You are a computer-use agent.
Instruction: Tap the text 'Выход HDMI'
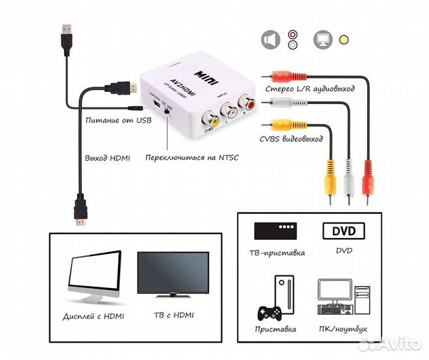click(107, 158)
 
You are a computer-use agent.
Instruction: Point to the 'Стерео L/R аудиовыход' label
click(310, 88)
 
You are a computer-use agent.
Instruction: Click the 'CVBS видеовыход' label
click(291, 139)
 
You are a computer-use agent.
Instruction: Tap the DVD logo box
click(343, 231)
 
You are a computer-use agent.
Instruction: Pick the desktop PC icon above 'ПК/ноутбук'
click(344, 298)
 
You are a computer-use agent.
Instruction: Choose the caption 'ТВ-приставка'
click(280, 253)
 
